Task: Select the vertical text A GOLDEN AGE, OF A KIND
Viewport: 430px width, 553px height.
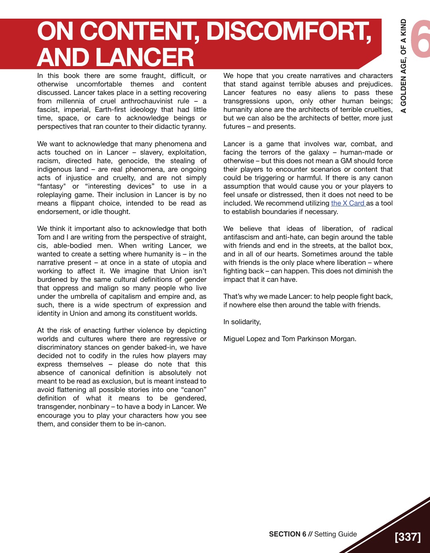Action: point(404,66)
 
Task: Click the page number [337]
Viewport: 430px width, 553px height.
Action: point(408,537)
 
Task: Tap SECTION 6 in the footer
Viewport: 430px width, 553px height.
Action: point(287,534)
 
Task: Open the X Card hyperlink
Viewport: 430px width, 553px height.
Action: point(348,203)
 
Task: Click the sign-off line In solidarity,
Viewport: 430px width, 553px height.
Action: point(242,322)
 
